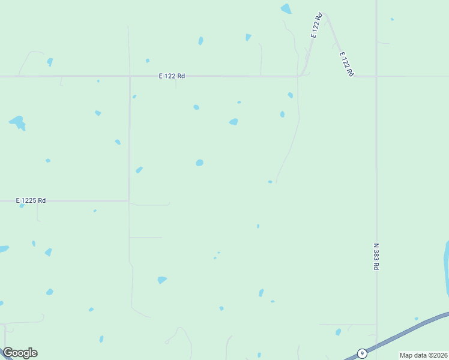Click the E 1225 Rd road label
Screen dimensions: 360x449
tap(31, 200)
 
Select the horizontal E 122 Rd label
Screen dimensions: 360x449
tap(172, 76)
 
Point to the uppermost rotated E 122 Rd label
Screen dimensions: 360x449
tap(317, 26)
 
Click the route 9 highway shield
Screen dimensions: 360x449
tap(362, 353)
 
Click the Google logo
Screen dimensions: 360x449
tap(20, 353)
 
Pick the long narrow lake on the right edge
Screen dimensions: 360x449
tap(446, 267)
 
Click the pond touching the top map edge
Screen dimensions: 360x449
tap(286, 8)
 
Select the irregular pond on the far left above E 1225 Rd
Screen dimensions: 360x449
tap(17, 123)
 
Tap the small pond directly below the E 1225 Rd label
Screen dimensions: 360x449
tap(22, 206)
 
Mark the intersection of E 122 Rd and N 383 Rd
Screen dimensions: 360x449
tap(376, 76)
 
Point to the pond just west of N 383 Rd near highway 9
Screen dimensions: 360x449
tap(339, 332)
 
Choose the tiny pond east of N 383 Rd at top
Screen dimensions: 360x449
tap(392, 19)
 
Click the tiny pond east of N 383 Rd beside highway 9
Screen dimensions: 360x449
tap(417, 319)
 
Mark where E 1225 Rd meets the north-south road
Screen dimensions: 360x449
tap(129, 200)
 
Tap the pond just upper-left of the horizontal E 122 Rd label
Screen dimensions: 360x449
tap(147, 61)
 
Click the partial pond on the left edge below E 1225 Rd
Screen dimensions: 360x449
tap(3, 248)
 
